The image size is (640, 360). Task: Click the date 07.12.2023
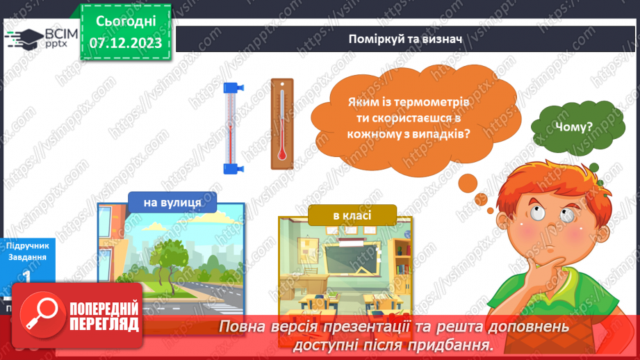[x=126, y=43]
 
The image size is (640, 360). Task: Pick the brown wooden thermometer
[x=282, y=123]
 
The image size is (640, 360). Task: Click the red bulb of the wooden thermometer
[x=282, y=154]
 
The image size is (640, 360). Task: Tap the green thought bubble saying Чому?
[x=574, y=127]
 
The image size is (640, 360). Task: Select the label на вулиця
[x=172, y=203]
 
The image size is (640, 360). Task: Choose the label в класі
[x=352, y=215]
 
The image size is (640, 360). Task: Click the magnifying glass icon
[x=40, y=314]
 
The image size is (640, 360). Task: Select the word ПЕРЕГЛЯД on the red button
[x=104, y=325]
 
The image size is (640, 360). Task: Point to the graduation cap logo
[x=22, y=38]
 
